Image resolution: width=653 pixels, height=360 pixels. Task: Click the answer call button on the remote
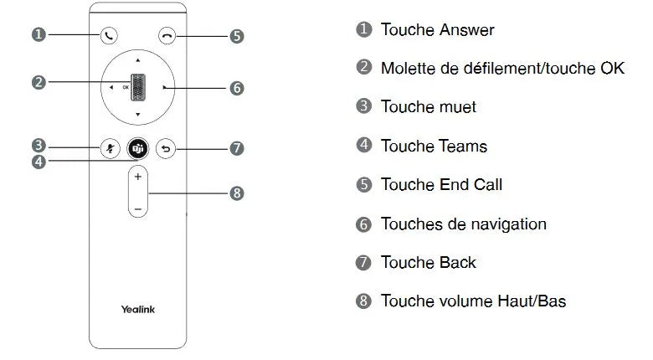(x=109, y=36)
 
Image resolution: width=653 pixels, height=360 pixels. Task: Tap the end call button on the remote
(x=167, y=36)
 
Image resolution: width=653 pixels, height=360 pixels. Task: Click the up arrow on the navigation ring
(x=138, y=60)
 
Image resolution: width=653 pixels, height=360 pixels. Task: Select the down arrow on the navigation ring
(x=138, y=114)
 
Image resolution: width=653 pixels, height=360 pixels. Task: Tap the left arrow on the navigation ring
(x=111, y=88)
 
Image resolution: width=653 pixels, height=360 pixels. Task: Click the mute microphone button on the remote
(x=111, y=148)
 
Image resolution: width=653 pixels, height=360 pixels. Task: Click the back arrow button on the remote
(x=166, y=148)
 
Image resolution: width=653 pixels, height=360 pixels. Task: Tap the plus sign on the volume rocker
(x=138, y=177)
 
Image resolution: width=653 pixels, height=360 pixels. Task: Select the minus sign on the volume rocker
(x=138, y=208)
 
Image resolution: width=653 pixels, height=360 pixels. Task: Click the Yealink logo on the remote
(x=138, y=309)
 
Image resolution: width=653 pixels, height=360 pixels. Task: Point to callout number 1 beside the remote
(x=39, y=33)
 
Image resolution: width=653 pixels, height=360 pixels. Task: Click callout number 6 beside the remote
(x=237, y=88)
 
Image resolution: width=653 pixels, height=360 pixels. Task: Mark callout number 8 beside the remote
(x=237, y=193)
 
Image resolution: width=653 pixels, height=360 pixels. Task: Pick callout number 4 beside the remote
(x=39, y=162)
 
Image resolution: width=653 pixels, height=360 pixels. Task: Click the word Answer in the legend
(x=467, y=30)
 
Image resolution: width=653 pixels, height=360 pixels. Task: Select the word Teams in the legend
(x=463, y=147)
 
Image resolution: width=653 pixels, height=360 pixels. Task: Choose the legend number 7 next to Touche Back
(x=363, y=262)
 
